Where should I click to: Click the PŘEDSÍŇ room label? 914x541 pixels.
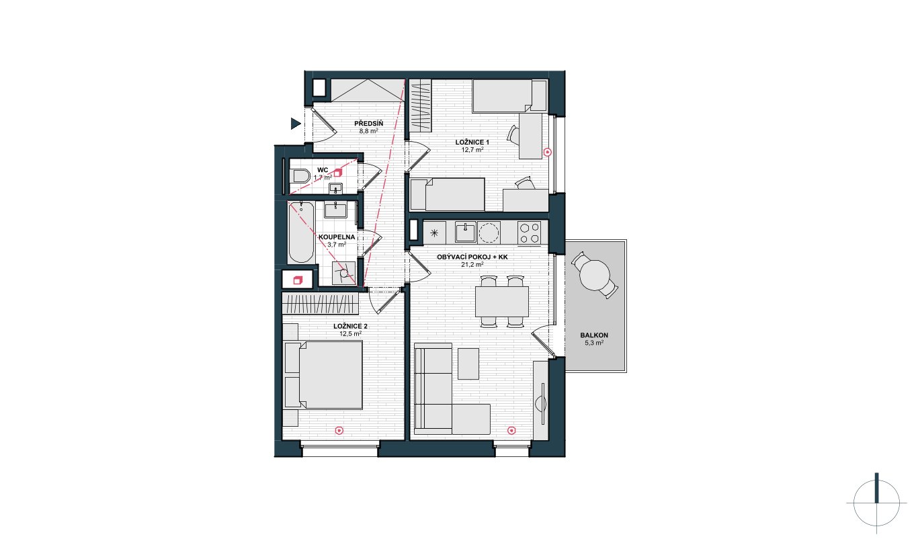[x=368, y=124]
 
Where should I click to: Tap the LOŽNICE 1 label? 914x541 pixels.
[x=472, y=142]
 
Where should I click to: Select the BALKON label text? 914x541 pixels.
[x=594, y=335]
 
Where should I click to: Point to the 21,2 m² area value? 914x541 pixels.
[x=472, y=264]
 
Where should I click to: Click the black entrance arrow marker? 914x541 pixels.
[x=296, y=124]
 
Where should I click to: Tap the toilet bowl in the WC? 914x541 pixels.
[x=301, y=177]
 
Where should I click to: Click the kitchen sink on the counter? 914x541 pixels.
[x=465, y=233]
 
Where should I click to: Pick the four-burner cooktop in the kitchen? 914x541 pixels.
[x=529, y=233]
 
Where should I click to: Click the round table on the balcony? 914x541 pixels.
[x=595, y=276]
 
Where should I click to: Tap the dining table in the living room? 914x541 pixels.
[x=502, y=302]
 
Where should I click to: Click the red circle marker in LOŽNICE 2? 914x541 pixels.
[x=339, y=430]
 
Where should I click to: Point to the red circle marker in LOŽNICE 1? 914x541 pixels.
[x=548, y=152]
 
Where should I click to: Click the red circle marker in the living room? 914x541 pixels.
[x=511, y=430]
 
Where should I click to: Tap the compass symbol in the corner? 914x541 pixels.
[x=876, y=503]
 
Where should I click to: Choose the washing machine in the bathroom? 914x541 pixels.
[x=343, y=273]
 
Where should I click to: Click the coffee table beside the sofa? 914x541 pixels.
[x=468, y=364]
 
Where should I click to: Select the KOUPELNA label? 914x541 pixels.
[x=337, y=237]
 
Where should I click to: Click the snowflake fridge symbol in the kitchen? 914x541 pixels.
[x=434, y=233]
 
